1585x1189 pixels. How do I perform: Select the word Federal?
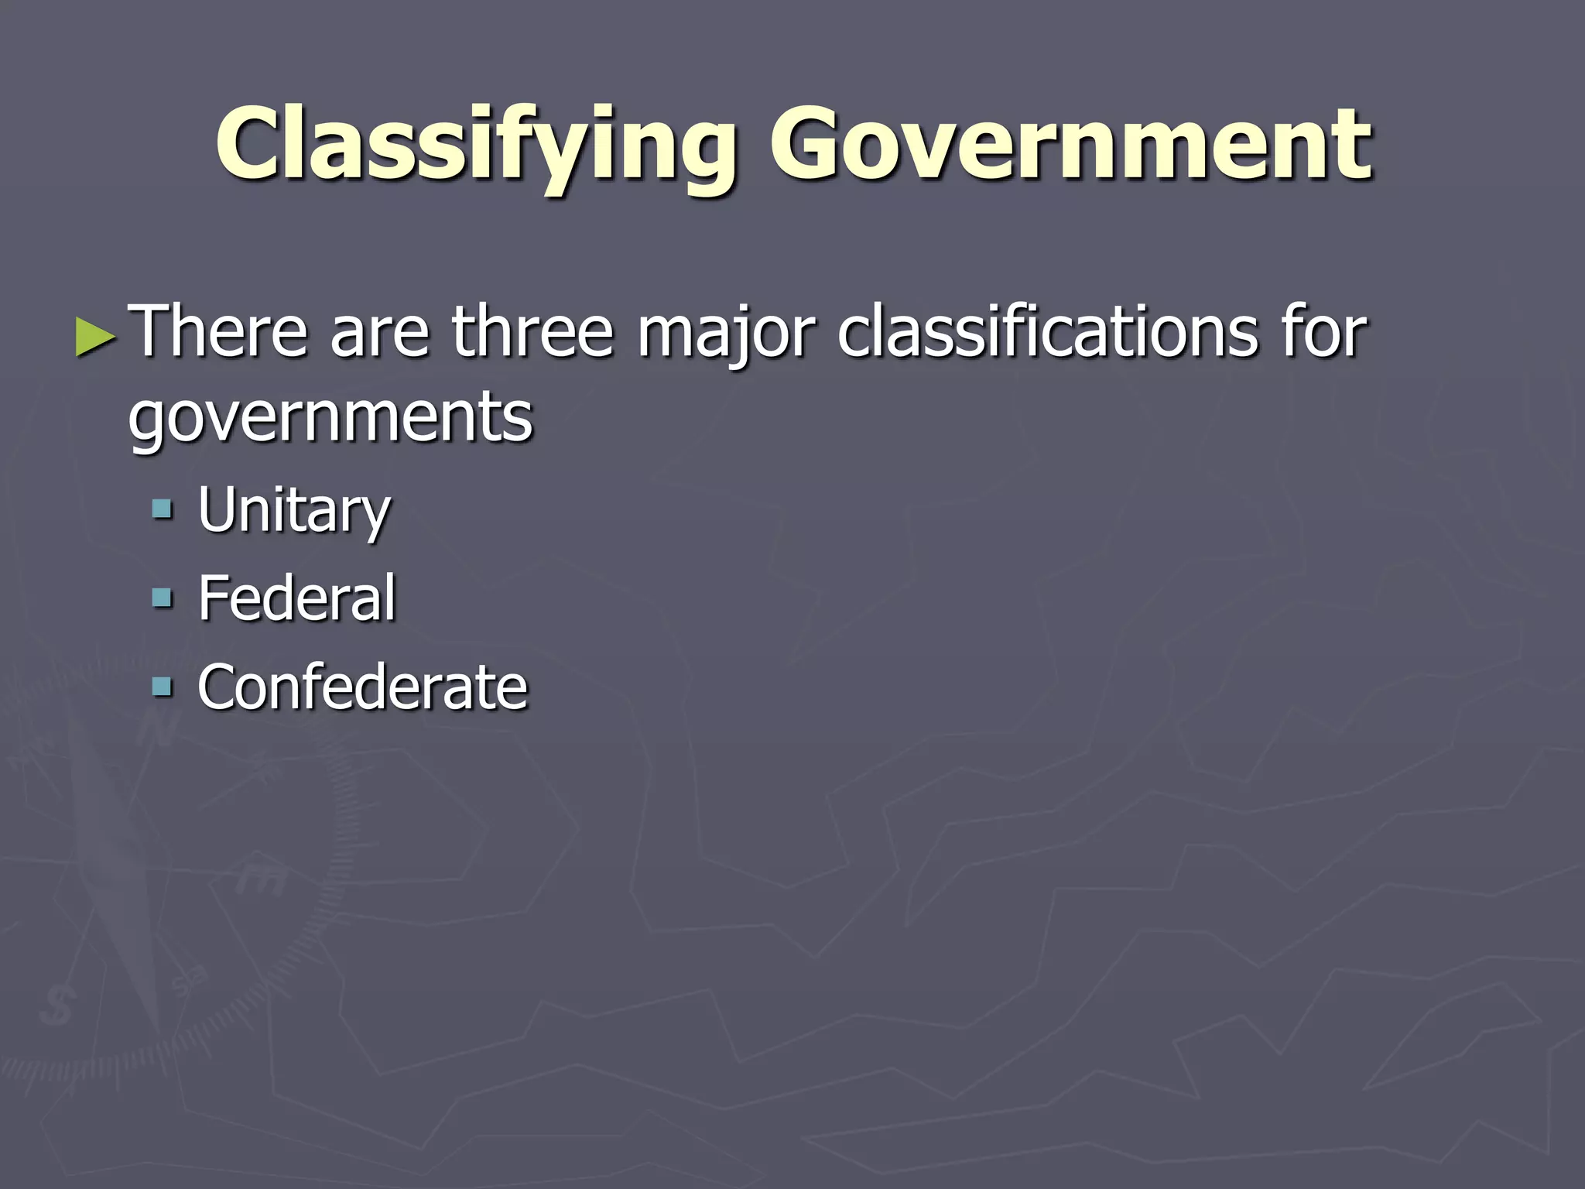297,598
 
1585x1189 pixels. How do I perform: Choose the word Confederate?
362,687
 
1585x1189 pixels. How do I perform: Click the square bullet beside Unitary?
163,509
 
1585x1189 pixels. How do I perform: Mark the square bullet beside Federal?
163,598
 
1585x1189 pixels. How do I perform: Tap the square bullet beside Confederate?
163,687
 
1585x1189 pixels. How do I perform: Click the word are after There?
379,333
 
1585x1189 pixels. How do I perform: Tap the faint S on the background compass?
56,1006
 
